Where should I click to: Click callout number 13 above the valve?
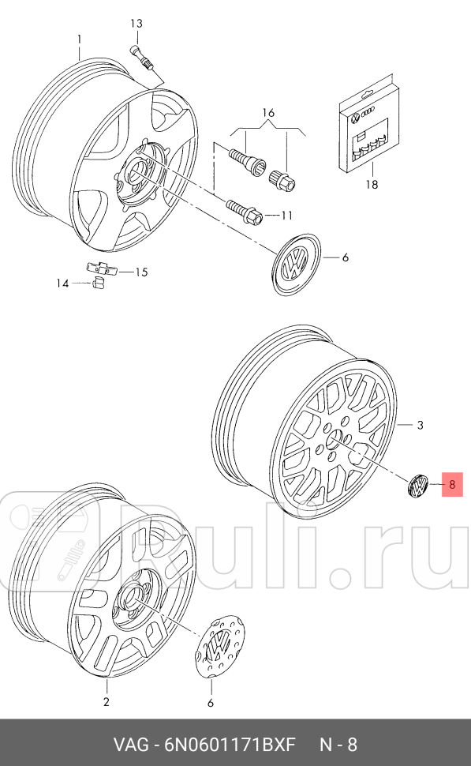136,23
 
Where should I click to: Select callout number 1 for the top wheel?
79,39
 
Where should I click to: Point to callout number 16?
268,113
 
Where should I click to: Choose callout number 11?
286,215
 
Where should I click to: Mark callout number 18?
372,185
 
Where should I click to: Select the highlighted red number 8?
452,485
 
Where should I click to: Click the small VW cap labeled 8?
417,486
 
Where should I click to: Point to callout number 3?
420,426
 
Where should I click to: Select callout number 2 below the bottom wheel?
107,701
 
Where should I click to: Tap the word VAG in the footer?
129,744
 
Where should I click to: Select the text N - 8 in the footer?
338,744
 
